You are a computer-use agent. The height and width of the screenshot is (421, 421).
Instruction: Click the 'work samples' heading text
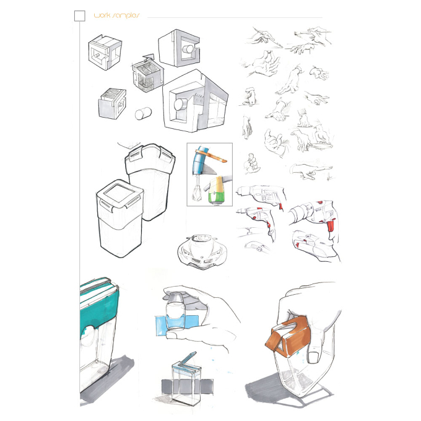pos(116,15)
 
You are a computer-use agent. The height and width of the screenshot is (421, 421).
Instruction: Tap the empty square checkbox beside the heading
pos(79,16)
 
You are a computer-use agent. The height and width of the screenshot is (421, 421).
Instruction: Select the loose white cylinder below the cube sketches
pos(143,113)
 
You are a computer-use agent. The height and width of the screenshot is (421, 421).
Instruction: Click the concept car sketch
pos(202,251)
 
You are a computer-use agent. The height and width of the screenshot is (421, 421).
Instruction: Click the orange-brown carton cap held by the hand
pos(289,336)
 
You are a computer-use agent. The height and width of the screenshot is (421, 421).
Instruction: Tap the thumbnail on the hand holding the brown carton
pos(313,357)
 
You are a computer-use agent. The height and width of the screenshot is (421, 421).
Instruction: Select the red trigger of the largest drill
pos(331,225)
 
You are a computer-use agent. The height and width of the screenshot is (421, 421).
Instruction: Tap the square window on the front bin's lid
pos(119,193)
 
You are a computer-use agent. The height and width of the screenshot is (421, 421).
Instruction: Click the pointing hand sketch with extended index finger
pos(311,171)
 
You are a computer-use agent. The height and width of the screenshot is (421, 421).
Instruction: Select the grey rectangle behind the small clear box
pos(188,386)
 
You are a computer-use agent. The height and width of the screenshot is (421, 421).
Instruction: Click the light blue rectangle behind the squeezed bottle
pos(176,326)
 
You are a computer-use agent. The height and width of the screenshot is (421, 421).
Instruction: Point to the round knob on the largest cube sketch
pos(180,105)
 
